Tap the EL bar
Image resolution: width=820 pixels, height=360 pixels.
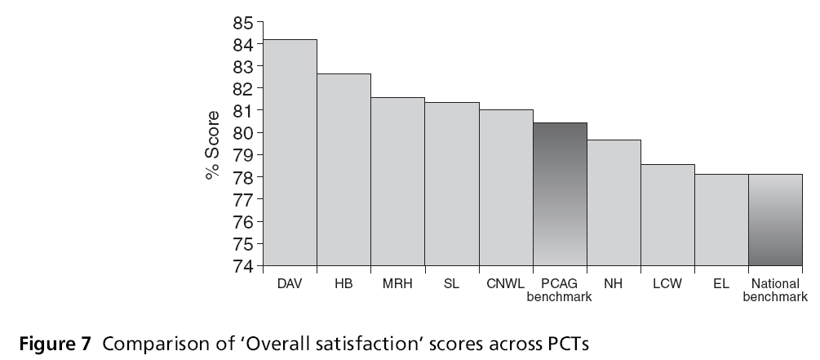point(721,220)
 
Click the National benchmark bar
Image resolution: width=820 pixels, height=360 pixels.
point(775,220)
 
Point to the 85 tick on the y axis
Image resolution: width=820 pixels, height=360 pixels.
point(243,21)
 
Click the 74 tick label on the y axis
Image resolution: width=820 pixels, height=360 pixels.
point(243,266)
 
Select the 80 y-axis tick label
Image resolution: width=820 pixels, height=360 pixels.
point(243,132)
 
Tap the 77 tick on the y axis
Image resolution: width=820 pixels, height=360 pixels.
point(243,199)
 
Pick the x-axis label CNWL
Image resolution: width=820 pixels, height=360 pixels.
point(506,284)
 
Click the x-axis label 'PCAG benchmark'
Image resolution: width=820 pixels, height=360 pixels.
point(560,291)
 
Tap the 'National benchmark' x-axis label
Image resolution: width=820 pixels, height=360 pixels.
point(775,291)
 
